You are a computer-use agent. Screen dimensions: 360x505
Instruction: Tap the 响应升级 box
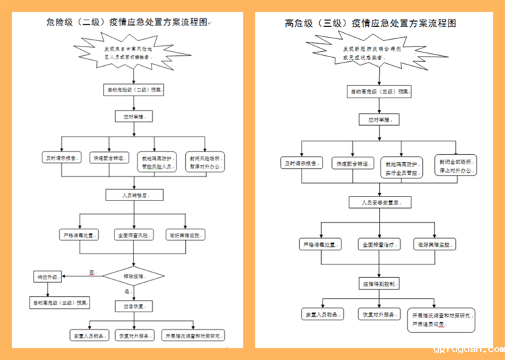pyautogui.click(x=48, y=277)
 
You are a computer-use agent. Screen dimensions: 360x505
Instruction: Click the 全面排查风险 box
pyautogui.click(x=132, y=235)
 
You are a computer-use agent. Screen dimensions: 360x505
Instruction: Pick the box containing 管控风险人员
pyautogui.click(x=156, y=161)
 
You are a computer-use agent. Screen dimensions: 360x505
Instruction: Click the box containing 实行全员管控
pyautogui.click(x=403, y=168)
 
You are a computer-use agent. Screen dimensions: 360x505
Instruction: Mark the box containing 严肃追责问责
pyautogui.click(x=442, y=319)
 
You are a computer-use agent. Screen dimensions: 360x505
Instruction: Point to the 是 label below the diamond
pyautogui.click(x=126, y=291)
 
